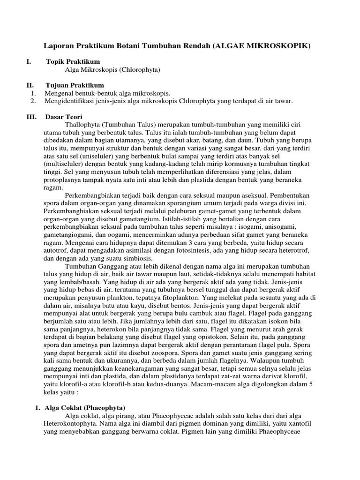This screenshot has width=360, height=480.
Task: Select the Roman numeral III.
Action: [31, 116]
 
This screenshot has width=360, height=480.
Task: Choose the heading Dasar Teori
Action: [65, 116]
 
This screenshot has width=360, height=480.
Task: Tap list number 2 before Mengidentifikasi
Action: [32, 101]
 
